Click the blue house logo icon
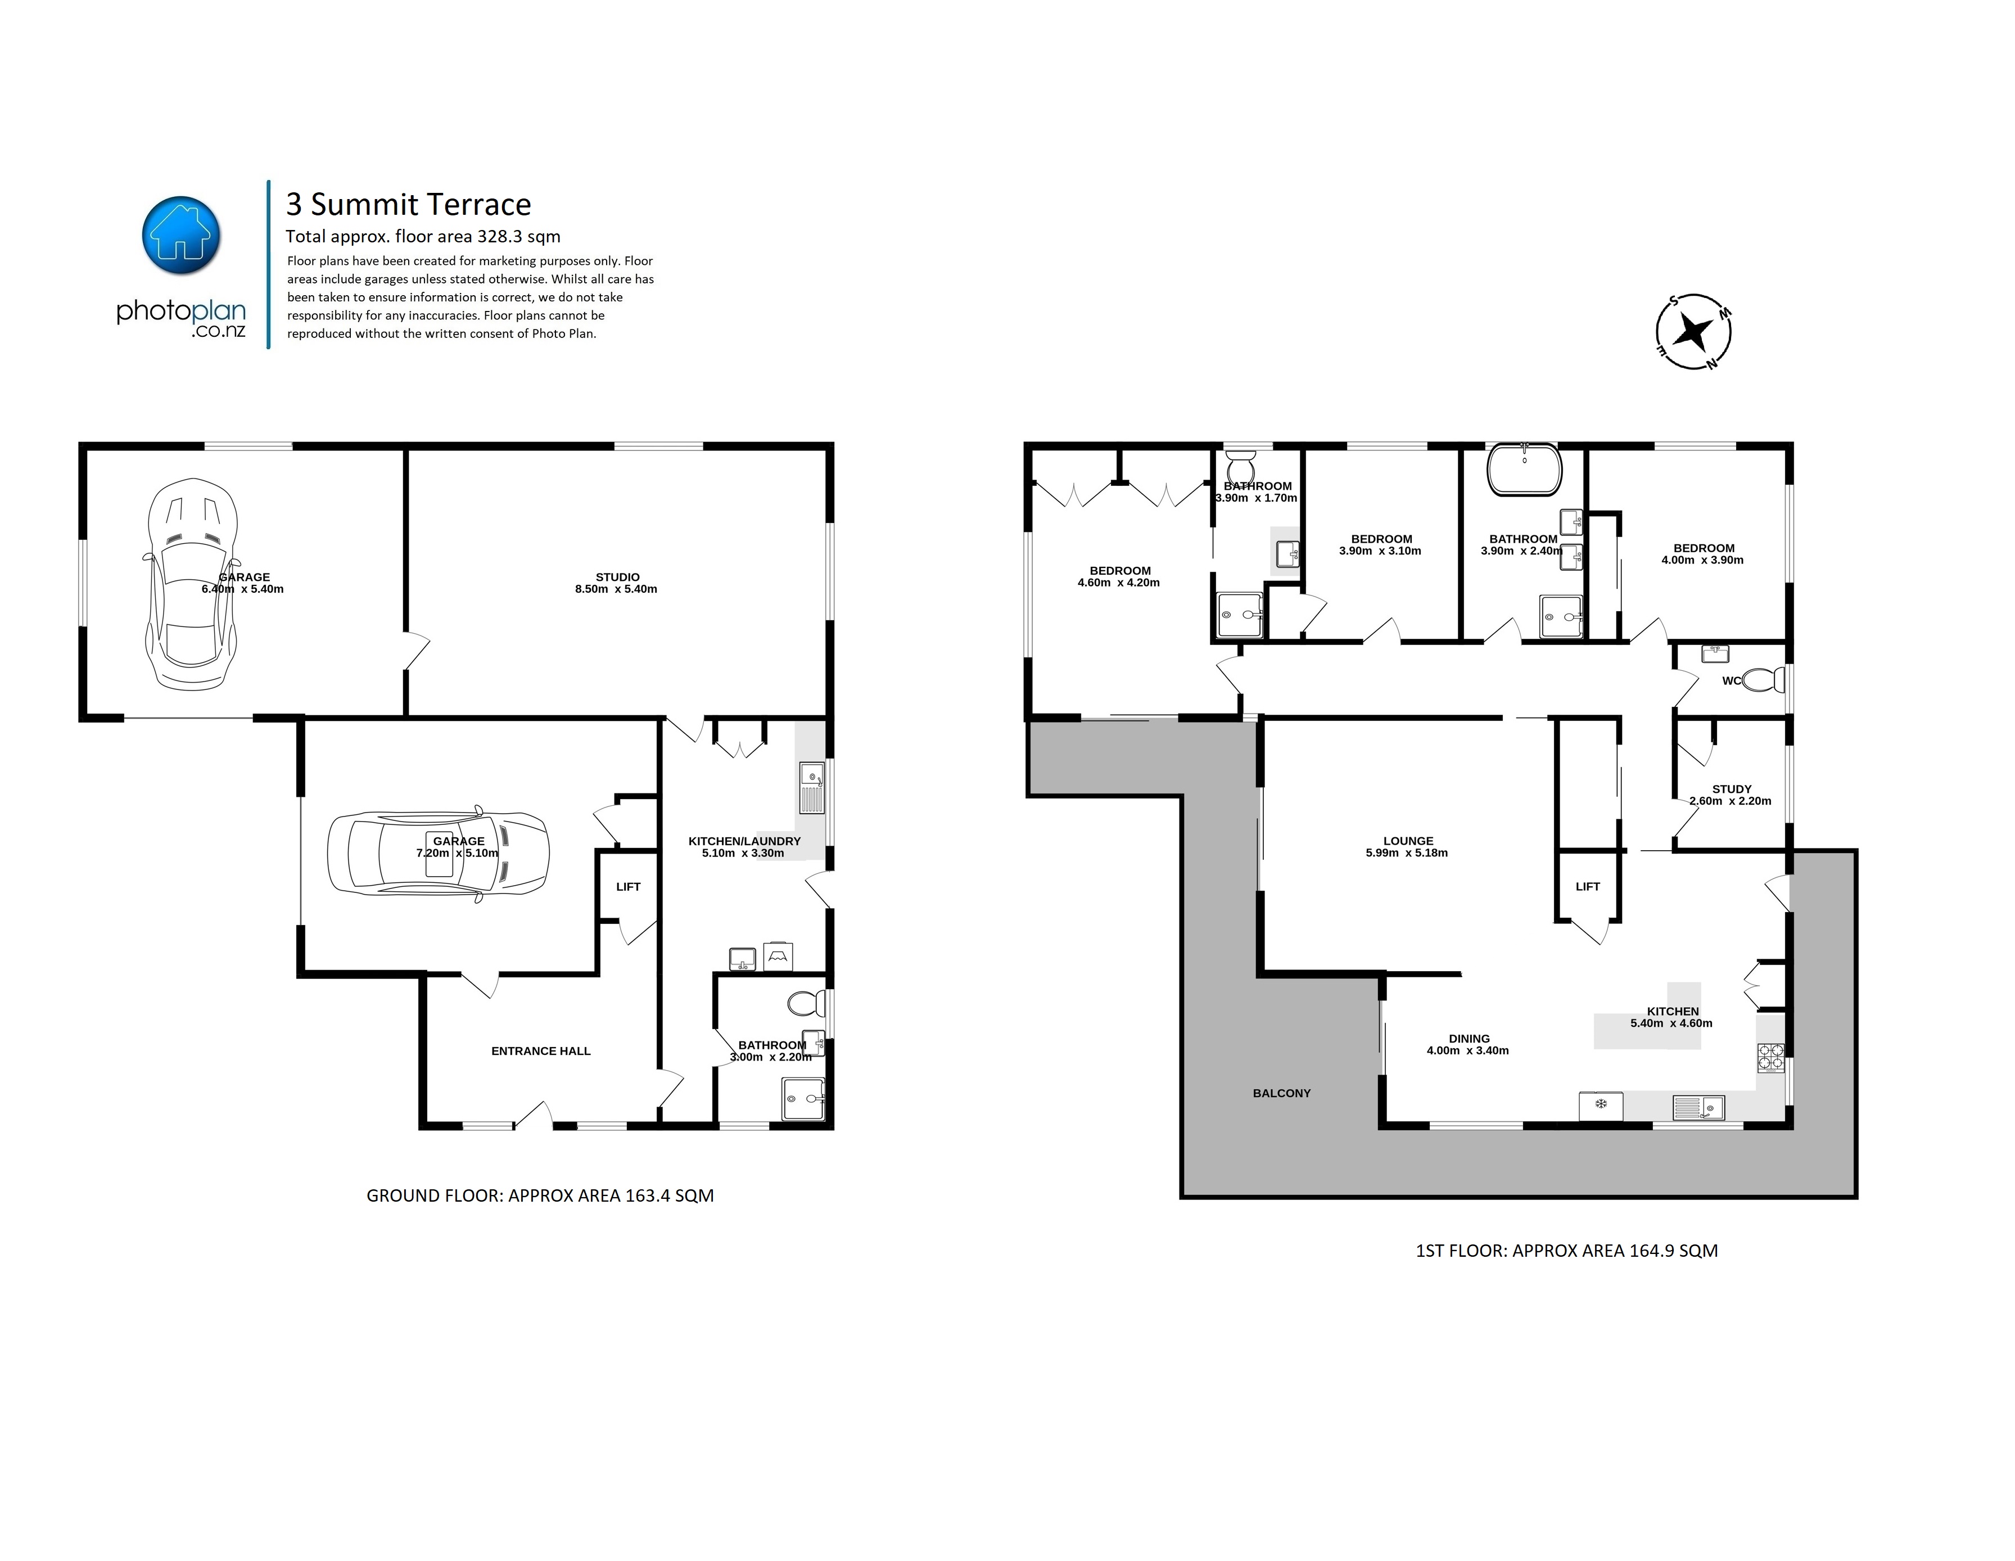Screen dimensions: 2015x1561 pos(182,235)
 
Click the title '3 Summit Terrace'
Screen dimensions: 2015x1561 pos(409,204)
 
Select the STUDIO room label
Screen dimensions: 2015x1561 pos(617,576)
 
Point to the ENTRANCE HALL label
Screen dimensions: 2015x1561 pos(541,1051)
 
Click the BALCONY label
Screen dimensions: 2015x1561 pos(1281,1093)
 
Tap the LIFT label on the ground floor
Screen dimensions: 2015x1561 pos(629,887)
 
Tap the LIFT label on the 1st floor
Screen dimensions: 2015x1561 pos(1588,887)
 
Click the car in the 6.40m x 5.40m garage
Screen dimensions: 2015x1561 pos(192,584)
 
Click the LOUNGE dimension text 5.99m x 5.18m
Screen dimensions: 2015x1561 pos(1407,854)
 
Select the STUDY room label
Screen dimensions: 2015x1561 pos(1732,789)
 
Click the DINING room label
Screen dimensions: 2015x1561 pos(1469,1039)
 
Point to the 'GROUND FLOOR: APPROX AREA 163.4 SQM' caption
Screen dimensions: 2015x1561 pos(541,1195)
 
